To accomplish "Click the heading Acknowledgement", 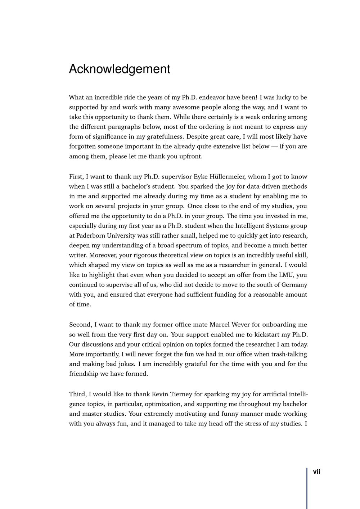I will [120, 69].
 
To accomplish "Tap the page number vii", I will [316, 472].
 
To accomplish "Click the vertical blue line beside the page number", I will [307, 488].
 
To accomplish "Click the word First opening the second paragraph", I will [76, 176].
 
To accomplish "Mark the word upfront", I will [190, 156].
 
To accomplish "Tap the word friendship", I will [84, 374].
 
